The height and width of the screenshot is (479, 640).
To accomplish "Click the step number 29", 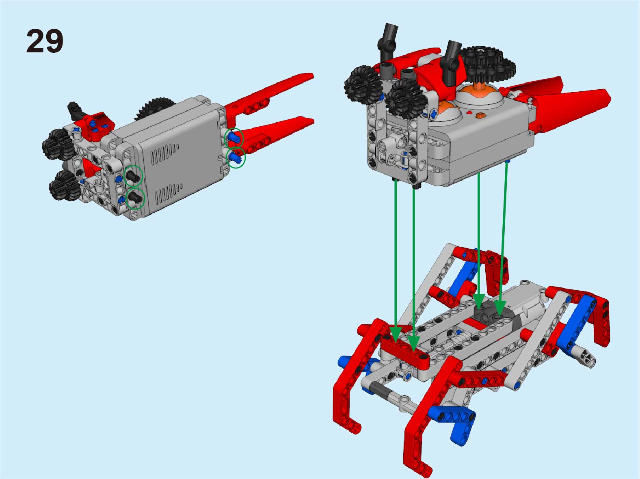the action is point(45,41).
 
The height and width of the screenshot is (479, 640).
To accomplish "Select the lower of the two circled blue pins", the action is point(235,158).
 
